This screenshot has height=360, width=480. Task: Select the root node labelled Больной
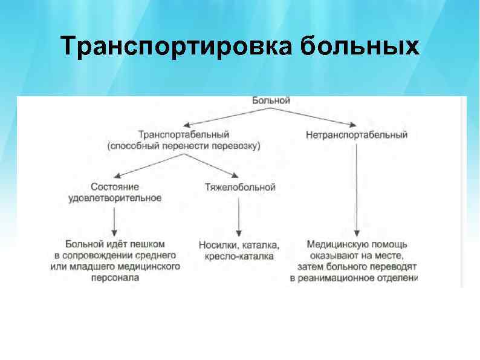coord(271,100)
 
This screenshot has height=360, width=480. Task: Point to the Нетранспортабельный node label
coord(357,135)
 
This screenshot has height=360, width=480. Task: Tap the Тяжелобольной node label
coord(241,188)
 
